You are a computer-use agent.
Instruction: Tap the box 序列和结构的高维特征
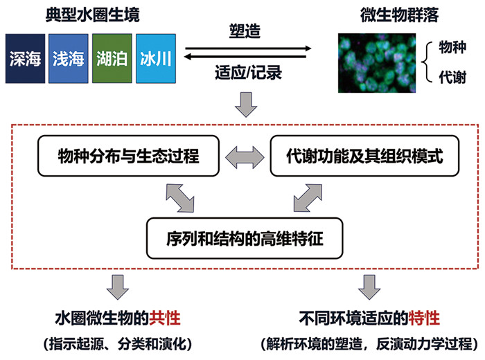click(x=245, y=238)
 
